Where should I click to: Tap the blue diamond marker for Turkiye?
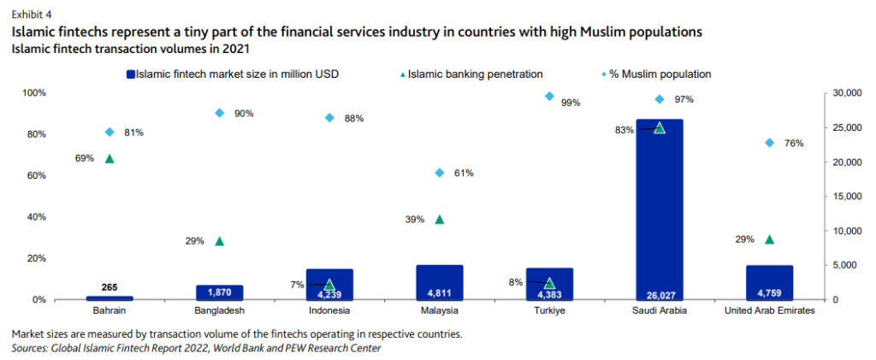(x=549, y=97)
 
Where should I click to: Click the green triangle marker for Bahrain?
(x=109, y=158)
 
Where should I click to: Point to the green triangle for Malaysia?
(x=440, y=220)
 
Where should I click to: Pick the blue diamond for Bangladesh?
(x=220, y=113)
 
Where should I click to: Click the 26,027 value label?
(x=659, y=292)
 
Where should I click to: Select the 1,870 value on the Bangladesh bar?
(x=220, y=292)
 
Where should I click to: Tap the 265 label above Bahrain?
(x=109, y=287)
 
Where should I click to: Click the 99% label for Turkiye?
(x=571, y=103)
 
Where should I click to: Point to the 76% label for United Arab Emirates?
(x=793, y=143)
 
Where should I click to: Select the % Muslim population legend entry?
(x=660, y=74)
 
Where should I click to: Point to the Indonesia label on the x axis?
(x=329, y=311)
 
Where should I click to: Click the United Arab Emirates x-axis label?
(x=769, y=311)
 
